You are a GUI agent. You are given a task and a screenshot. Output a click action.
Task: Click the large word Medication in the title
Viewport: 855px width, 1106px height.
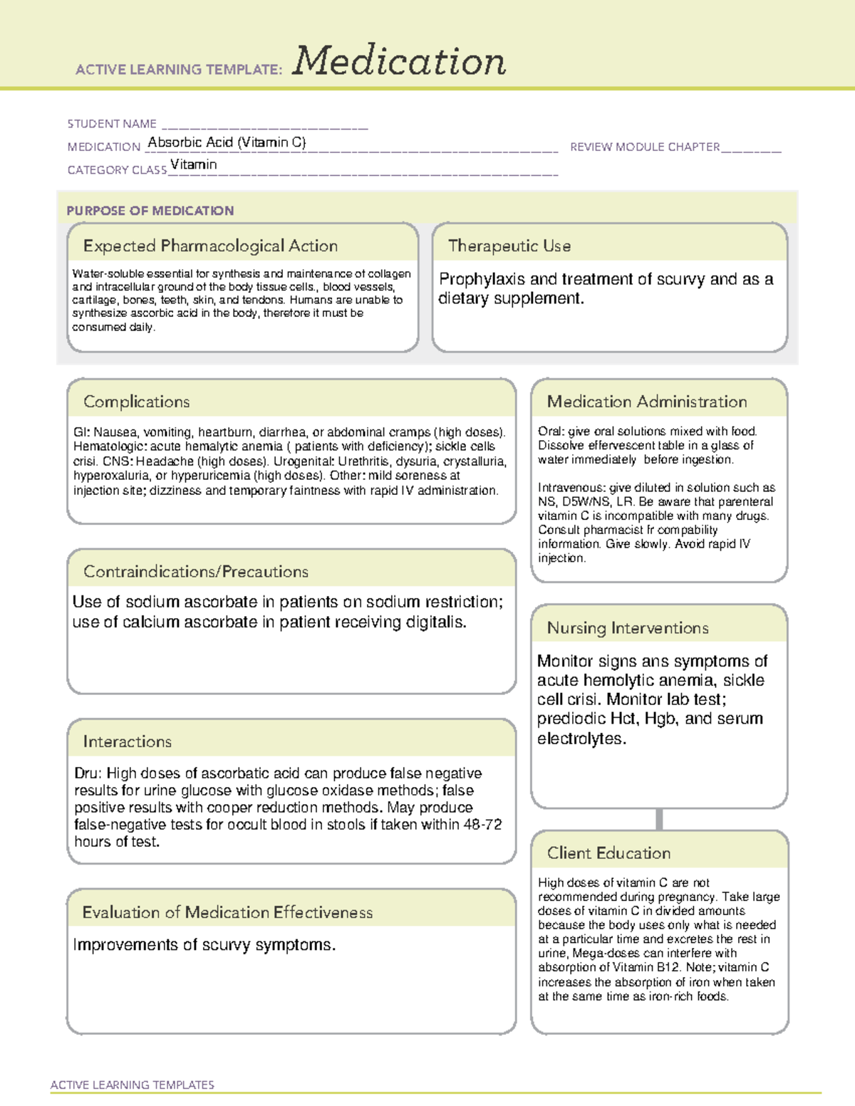click(399, 61)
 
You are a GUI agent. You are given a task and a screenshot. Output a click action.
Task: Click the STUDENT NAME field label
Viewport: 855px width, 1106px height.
click(112, 124)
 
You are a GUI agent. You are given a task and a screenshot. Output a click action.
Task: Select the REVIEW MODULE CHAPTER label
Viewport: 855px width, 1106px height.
click(645, 147)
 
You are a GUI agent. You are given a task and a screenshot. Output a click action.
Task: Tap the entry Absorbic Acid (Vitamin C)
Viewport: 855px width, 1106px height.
click(227, 142)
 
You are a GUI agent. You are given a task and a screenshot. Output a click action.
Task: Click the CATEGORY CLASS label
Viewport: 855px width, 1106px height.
click(117, 170)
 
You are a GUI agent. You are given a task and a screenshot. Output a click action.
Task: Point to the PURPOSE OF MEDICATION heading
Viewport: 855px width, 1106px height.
click(150, 211)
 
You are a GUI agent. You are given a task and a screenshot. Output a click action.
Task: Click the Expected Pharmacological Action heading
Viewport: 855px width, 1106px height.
click(210, 246)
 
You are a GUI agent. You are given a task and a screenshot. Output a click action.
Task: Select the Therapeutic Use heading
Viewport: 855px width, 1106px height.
click(509, 246)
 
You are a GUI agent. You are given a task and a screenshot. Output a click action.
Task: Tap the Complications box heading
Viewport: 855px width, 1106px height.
click(136, 402)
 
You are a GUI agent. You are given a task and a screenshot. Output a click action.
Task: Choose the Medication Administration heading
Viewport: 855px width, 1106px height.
click(646, 402)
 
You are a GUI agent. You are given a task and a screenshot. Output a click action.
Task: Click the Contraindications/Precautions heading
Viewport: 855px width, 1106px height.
click(195, 572)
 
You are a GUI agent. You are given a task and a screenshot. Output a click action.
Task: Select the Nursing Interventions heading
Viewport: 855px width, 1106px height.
click(627, 628)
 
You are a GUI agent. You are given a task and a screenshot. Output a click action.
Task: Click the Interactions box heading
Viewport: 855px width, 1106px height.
click(127, 742)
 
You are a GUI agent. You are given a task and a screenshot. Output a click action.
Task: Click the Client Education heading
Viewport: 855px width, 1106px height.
click(608, 853)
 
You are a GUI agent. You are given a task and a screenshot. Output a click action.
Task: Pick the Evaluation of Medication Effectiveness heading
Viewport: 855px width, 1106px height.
click(227, 913)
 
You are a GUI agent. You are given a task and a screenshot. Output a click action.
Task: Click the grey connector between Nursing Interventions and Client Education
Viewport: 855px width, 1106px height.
click(659, 820)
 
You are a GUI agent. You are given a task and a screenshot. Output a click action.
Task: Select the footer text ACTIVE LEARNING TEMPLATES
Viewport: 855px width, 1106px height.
click(132, 1085)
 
